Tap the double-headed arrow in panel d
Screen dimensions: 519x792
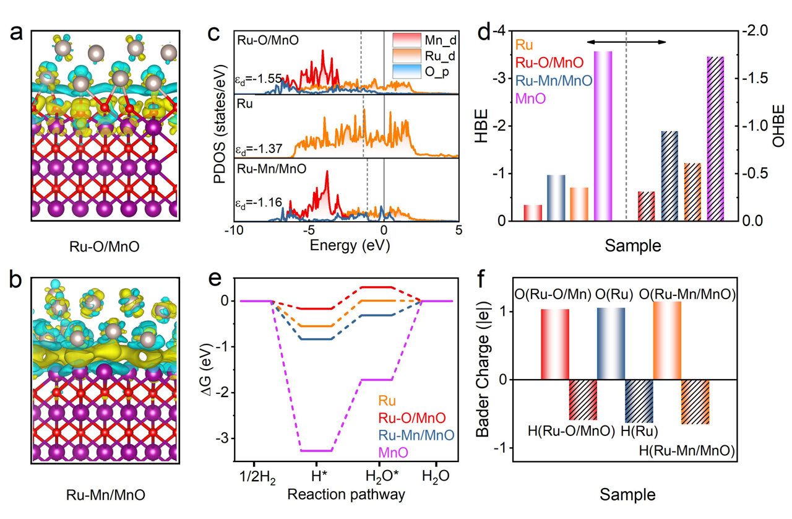626,41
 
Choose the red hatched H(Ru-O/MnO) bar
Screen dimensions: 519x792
583,400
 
